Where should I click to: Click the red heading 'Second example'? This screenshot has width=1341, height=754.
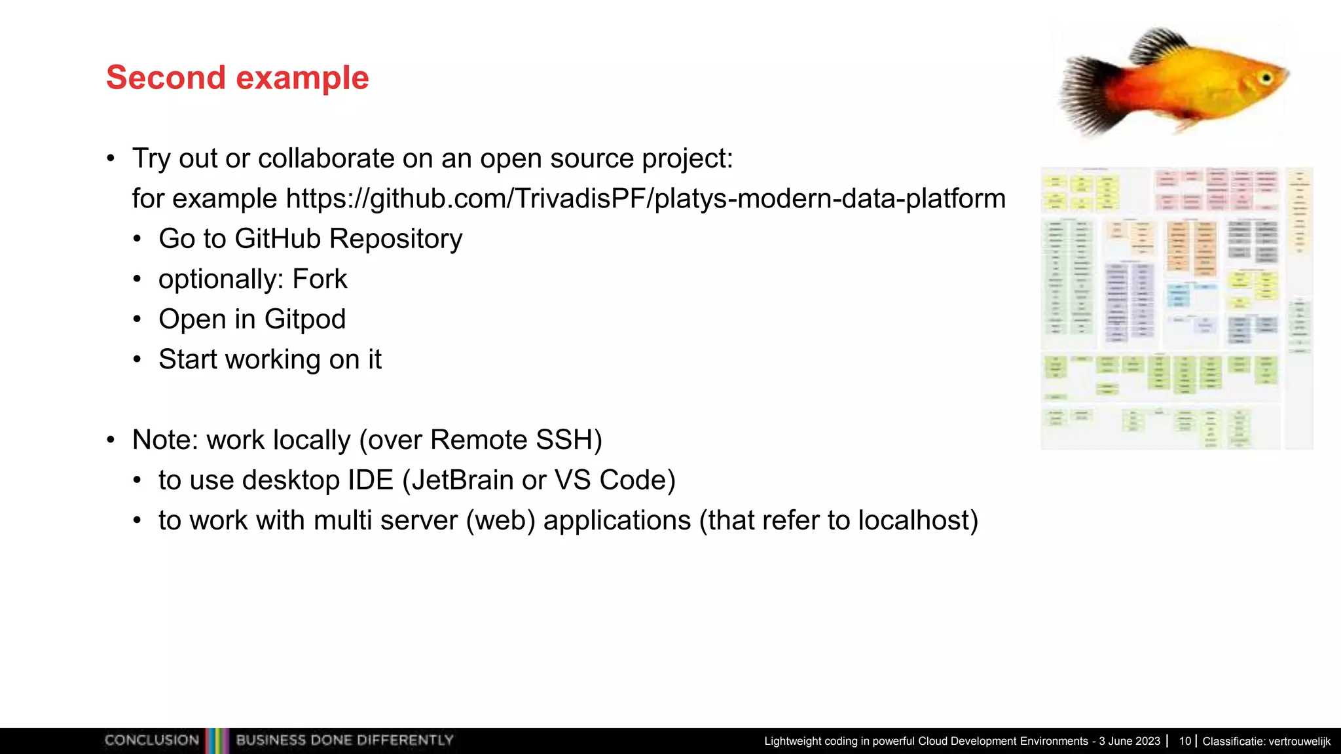[237, 78]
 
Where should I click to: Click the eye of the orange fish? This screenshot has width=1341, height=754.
[1266, 79]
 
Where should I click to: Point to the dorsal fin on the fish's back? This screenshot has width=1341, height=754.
[1159, 45]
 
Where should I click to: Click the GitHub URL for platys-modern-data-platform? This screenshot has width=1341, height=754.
[646, 199]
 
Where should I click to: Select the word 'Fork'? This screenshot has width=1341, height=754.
[320, 279]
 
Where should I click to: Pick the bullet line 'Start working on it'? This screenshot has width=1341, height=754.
[270, 359]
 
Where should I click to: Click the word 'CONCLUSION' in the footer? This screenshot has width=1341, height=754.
[152, 740]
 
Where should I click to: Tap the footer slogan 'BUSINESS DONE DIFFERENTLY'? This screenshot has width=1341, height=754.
[344, 740]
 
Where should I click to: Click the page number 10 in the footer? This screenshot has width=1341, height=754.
[1185, 741]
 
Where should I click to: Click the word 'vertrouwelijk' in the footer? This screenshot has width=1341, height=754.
[1298, 742]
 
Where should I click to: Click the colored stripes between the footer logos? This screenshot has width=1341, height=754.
[217, 740]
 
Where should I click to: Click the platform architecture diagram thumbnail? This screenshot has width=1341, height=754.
[1176, 308]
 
